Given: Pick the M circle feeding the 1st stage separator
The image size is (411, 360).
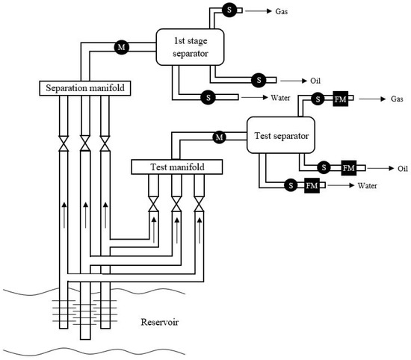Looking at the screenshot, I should pos(120,47).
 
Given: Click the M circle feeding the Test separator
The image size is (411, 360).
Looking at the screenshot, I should pos(220,137).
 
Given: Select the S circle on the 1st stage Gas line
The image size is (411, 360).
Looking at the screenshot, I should pos(228,9).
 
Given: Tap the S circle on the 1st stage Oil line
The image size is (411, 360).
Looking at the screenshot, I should pos(259,79).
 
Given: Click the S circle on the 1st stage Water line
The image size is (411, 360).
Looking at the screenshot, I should pos(207,97).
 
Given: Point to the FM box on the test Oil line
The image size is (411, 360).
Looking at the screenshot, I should pos(348,167).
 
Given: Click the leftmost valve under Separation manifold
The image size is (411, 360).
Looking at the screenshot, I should pos(64,142).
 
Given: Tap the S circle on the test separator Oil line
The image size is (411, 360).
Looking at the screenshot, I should pos(324,167).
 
